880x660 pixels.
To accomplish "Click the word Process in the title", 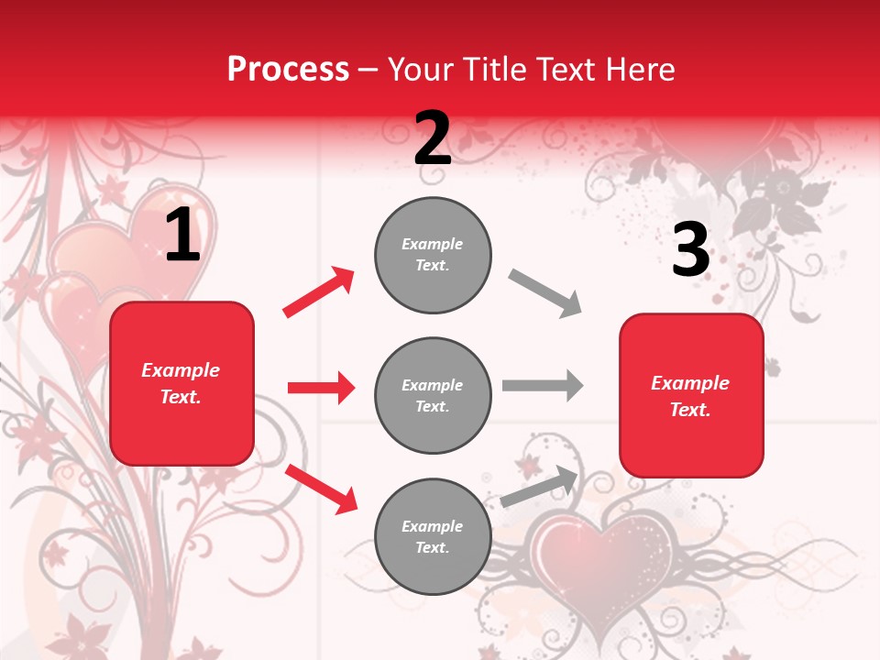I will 288,70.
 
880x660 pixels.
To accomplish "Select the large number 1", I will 182,236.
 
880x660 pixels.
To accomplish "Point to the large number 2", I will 433,138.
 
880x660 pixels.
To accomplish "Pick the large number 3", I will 690,250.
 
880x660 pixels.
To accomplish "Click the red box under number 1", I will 181,383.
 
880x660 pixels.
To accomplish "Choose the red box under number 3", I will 691,395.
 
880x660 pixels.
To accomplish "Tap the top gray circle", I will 433,255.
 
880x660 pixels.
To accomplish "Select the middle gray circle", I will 433,395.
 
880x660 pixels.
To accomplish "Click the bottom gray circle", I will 433,536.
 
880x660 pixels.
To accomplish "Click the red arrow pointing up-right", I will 319,291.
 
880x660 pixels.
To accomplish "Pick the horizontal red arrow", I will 321,388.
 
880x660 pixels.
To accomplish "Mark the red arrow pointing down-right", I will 321,488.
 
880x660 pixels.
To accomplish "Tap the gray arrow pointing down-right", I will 545,293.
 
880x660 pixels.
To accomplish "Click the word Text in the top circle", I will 432,266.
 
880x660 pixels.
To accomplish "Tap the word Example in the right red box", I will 690,383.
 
